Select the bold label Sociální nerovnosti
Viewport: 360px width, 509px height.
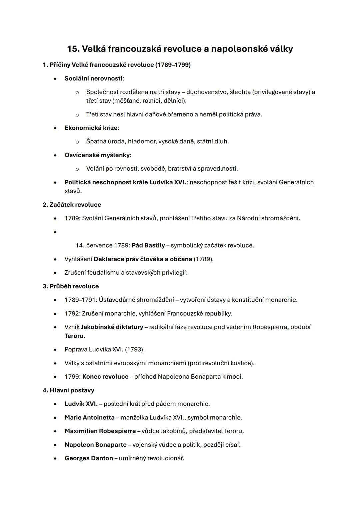point(93,78)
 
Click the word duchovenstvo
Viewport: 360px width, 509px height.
point(207,92)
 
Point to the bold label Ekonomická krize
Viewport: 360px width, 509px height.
point(91,128)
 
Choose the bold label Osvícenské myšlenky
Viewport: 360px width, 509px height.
point(97,155)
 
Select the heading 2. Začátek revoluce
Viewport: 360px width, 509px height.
point(72,205)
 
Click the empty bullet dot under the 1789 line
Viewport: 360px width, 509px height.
point(55,232)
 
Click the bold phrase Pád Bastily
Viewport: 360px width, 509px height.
point(148,245)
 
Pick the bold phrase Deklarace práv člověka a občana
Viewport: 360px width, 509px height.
point(143,259)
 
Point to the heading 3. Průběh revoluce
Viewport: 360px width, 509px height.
point(71,286)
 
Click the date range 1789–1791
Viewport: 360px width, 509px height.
point(80,300)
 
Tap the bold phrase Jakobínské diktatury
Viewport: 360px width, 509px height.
point(112,327)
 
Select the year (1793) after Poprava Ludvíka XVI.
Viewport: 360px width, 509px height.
point(135,349)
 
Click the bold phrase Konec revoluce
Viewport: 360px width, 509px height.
point(105,377)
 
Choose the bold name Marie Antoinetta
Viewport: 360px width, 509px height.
point(89,417)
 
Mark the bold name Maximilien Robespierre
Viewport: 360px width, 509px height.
point(100,431)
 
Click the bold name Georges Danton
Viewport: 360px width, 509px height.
point(89,458)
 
